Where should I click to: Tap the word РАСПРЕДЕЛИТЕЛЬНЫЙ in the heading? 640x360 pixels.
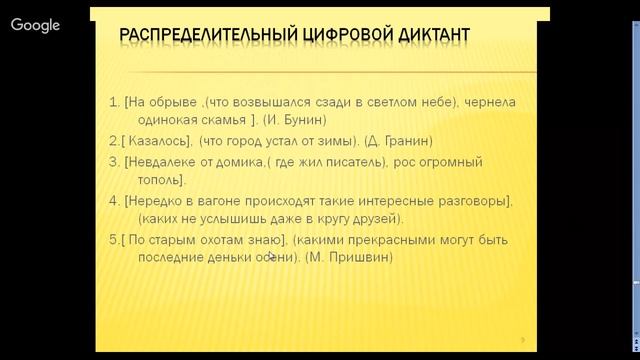pyautogui.click(x=201, y=36)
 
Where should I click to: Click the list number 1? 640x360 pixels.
pyautogui.click(x=112, y=101)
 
